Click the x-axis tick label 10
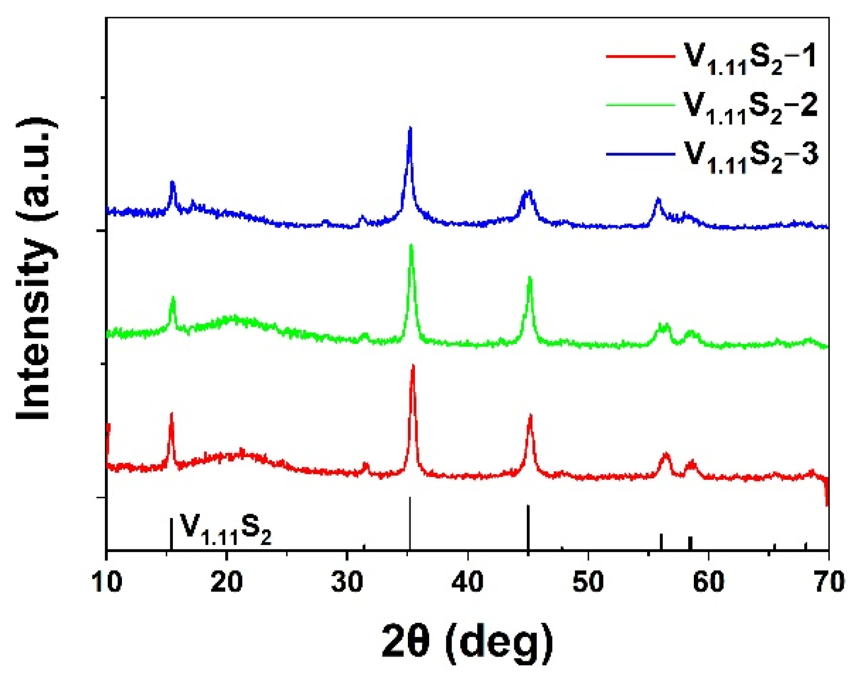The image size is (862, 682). click(x=107, y=582)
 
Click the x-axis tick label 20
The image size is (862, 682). click(x=227, y=582)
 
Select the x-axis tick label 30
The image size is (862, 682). click(x=347, y=582)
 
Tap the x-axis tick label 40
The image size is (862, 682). click(x=468, y=582)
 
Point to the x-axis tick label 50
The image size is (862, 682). click(x=588, y=582)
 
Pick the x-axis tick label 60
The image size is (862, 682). click(x=708, y=582)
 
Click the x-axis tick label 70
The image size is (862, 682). click(x=829, y=582)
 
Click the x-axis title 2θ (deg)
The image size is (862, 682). click(x=467, y=641)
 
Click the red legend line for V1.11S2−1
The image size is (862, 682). click(x=640, y=55)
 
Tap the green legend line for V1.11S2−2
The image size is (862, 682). click(x=640, y=104)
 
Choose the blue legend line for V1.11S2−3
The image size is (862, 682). click(x=640, y=154)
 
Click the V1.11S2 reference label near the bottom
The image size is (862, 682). click(x=225, y=528)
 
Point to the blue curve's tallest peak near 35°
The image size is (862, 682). click(x=410, y=128)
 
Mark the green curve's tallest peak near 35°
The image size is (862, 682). click(x=412, y=245)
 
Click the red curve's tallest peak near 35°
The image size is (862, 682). click(x=413, y=366)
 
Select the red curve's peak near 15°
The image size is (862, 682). click(x=171, y=414)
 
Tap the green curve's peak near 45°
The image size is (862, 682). click(x=529, y=278)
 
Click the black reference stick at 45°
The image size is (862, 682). click(x=528, y=527)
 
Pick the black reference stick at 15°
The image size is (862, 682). click(x=171, y=534)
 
